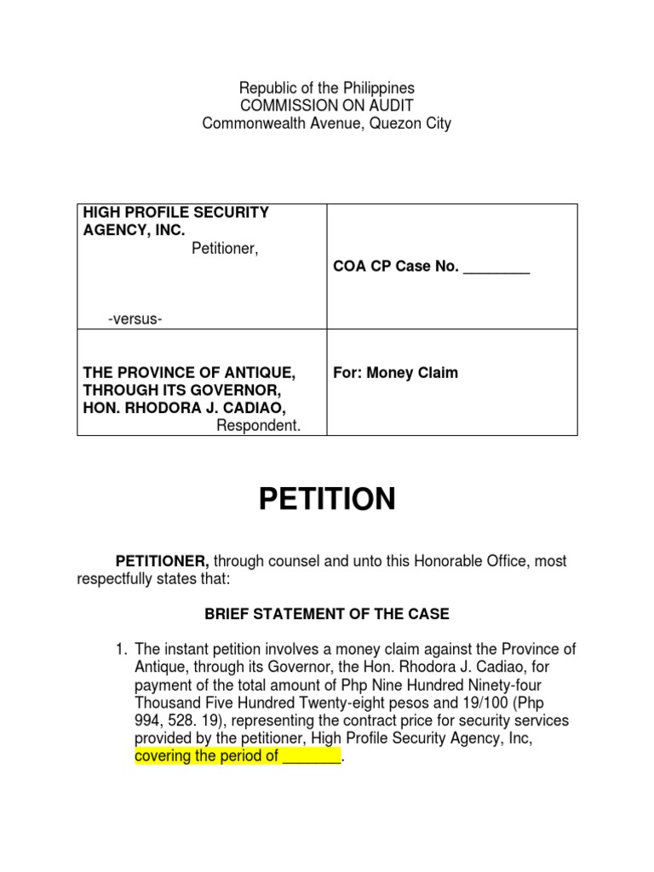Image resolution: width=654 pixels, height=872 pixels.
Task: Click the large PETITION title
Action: pos(327,499)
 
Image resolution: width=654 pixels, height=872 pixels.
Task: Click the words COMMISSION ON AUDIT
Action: pos(327,106)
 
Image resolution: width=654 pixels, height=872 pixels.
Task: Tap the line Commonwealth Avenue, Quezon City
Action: pos(327,123)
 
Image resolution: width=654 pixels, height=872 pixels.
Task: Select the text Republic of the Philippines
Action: pos(327,88)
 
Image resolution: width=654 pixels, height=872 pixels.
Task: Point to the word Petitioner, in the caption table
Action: pos(224,249)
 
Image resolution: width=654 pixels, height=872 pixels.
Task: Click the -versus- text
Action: pos(135,318)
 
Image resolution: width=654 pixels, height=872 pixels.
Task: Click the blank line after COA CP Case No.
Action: pos(496,267)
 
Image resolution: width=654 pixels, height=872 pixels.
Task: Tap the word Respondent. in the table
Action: pos(258,425)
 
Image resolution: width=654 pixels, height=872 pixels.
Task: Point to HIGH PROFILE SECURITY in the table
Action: pos(175,212)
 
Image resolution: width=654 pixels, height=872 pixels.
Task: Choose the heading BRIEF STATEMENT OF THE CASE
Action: pos(326,614)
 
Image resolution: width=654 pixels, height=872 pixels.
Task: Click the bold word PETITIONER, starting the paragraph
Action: pos(163,561)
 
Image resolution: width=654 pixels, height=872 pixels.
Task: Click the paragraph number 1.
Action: pos(122,650)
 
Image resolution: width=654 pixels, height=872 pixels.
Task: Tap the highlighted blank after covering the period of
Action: pos(311,756)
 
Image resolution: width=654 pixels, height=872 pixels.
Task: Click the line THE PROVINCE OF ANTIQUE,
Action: pos(188,373)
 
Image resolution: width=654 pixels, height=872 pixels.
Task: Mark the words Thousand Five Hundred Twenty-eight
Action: pos(246,703)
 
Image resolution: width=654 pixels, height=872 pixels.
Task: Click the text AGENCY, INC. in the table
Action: pos(133,230)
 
